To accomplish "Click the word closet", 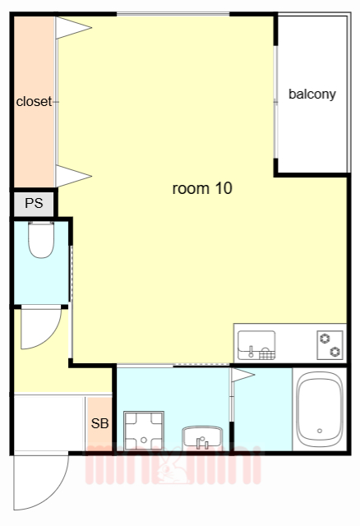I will tap(34, 102).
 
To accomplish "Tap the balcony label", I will tap(312, 94).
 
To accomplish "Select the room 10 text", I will tap(202, 188).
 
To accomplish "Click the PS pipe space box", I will tap(34, 203).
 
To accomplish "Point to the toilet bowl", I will tap(39, 241).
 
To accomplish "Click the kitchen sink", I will tap(256, 345).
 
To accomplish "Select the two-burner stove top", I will tap(330, 344).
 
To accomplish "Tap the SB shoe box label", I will tap(99, 424).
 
